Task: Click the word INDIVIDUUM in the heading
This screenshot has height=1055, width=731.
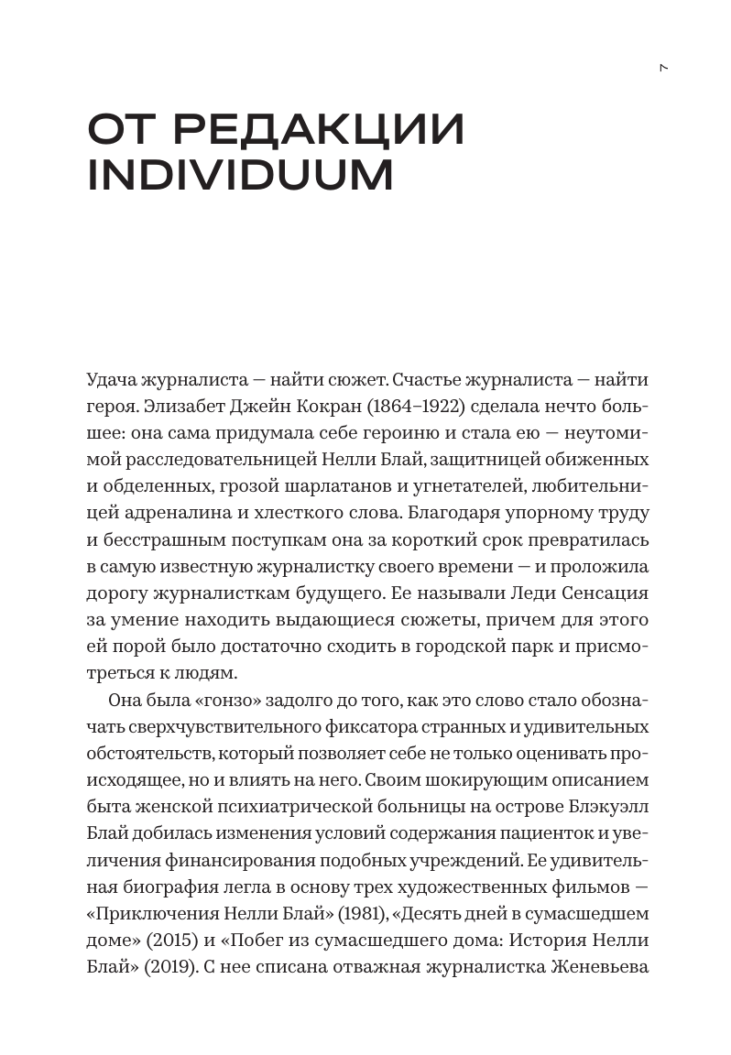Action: click(240, 175)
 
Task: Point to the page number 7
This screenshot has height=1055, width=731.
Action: click(664, 68)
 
